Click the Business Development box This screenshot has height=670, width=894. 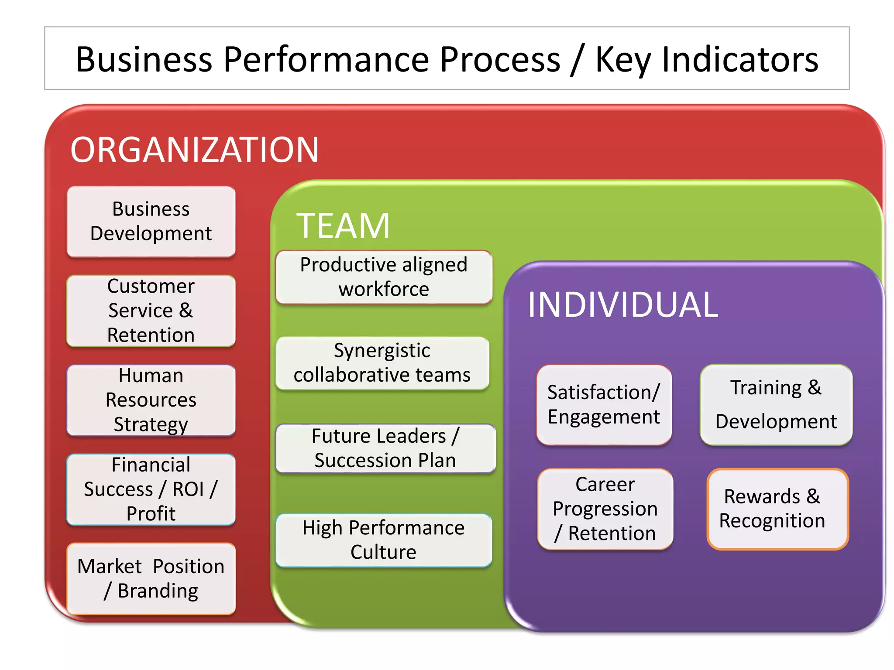151,222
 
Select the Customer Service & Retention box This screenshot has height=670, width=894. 151,311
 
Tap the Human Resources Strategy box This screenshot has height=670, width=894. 151,400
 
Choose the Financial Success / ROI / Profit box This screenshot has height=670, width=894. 151,489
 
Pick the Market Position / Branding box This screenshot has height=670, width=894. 151,578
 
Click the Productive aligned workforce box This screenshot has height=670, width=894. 384,277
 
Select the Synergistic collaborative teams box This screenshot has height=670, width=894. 382,363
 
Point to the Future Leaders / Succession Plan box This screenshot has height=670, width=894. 385,448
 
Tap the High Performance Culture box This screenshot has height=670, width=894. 384,540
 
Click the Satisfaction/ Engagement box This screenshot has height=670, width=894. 604,405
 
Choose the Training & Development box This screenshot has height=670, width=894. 776,405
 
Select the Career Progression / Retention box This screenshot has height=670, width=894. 605,509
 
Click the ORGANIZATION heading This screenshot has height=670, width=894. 195,150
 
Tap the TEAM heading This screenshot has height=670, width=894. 343,226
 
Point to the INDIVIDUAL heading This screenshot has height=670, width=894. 623,305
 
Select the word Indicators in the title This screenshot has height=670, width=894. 740,59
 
